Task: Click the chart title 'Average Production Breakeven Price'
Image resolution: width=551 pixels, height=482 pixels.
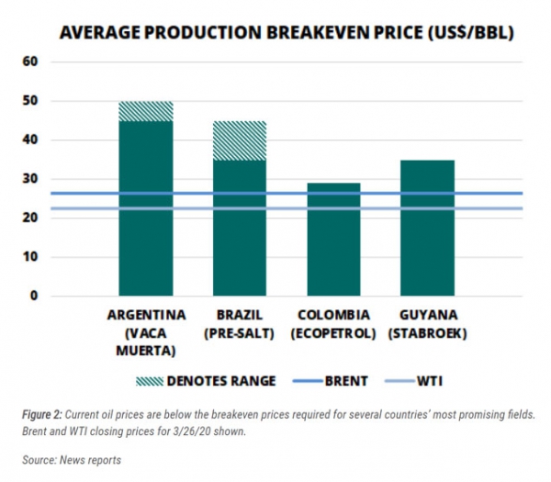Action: point(286,33)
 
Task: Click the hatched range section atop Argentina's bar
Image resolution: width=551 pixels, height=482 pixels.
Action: point(146,111)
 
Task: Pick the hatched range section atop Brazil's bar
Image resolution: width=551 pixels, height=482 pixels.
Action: point(239,140)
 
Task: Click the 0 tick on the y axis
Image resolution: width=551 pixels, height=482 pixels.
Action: point(33,297)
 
